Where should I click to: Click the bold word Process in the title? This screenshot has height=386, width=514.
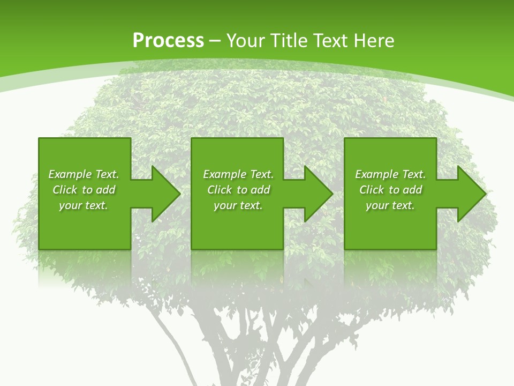tap(168, 41)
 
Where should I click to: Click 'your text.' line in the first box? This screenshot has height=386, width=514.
tap(84, 205)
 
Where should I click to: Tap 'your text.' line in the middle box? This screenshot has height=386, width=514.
tap(238, 205)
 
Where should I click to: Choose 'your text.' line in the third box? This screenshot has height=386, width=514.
tap(390, 205)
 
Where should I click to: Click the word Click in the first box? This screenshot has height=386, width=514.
tap(65, 190)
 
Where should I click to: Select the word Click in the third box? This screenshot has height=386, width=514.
tap(372, 190)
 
